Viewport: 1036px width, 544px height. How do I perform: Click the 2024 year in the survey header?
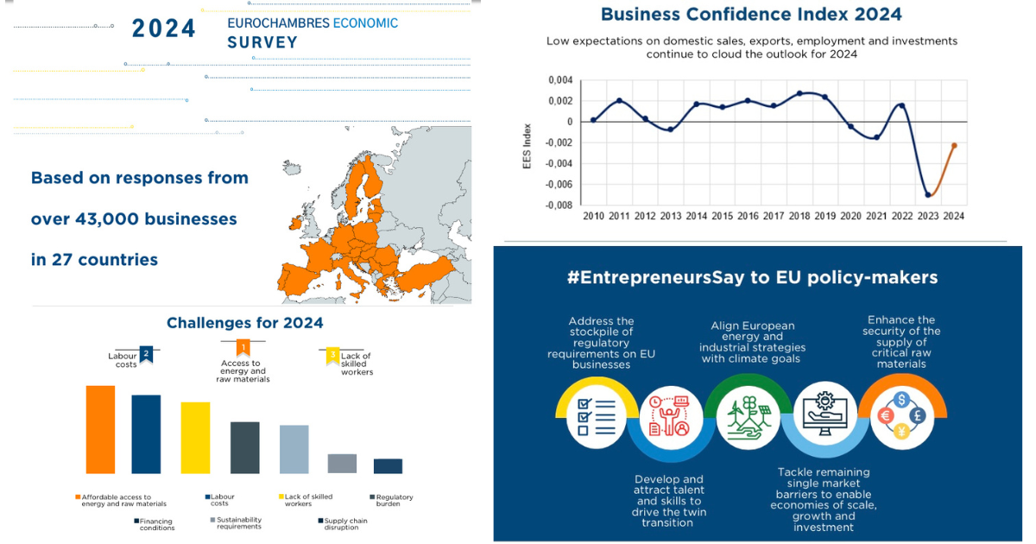[164, 28]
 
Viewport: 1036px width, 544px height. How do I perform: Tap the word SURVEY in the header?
[262, 42]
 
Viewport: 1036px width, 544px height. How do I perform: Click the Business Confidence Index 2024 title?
[751, 15]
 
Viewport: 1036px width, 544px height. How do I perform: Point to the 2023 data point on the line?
[928, 194]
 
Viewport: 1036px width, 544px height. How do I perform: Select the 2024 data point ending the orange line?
[954, 146]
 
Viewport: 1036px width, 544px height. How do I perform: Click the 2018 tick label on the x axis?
[799, 216]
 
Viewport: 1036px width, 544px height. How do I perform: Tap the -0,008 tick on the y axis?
[559, 206]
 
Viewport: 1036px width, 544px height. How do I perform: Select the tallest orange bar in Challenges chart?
[100, 429]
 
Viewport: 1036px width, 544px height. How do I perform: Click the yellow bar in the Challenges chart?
[195, 437]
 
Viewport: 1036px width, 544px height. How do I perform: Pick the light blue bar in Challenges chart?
[294, 448]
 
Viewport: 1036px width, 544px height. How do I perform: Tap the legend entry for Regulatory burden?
[393, 500]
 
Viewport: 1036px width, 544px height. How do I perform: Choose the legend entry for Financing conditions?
[155, 524]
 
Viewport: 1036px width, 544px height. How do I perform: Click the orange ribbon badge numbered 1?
[243, 348]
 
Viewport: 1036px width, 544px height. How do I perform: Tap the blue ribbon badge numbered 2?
[146, 353]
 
